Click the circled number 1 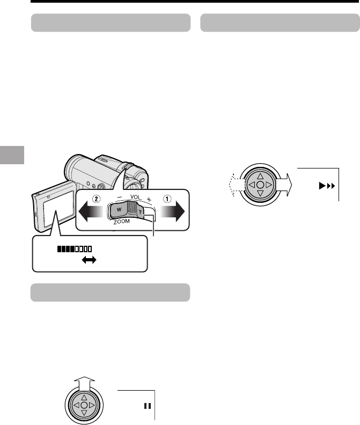coord(167,199)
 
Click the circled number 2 coord(96,199)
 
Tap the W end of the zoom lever coord(119,210)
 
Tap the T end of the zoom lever coord(140,212)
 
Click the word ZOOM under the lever coord(121,222)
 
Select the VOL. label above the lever coord(136,197)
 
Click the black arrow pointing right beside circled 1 coord(172,211)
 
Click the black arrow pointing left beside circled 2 coord(91,211)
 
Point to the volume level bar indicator coord(75,249)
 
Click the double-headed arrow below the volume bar coord(89,260)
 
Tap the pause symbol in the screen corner coord(148,406)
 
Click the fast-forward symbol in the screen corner coord(327,186)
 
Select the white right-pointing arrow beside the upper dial coord(284,185)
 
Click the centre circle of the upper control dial coord(260,185)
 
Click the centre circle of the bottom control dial coord(84,406)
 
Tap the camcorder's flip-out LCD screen coord(59,209)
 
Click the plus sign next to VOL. coord(149,199)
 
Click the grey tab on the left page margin coord(12,155)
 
